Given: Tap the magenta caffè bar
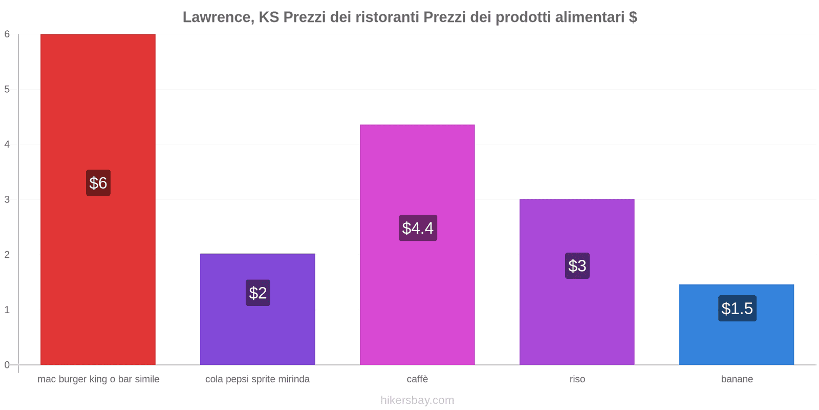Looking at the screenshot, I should [x=417, y=169].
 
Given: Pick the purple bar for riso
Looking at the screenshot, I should [x=577, y=318].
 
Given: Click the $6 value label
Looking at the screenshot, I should [x=98, y=183].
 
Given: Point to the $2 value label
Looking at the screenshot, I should [x=258, y=293].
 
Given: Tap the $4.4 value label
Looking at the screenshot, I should [x=418, y=228].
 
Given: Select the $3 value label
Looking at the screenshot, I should [x=577, y=266].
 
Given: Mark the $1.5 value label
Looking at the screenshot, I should [x=737, y=309].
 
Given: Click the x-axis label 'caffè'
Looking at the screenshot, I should [x=417, y=379].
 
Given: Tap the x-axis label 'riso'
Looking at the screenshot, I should [x=577, y=379].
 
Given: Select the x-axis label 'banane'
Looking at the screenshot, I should [x=737, y=379].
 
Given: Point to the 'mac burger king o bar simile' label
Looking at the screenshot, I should [x=98, y=379].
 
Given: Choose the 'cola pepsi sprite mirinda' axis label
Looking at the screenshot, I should [x=257, y=379].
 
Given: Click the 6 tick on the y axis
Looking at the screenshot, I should [x=7, y=34].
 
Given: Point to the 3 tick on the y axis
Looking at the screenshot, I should [x=7, y=199].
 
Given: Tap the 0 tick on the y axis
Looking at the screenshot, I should [x=7, y=365].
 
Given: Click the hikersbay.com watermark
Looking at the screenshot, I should [x=417, y=400].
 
